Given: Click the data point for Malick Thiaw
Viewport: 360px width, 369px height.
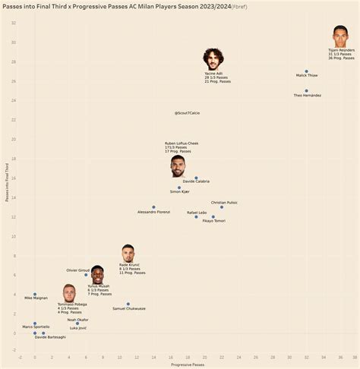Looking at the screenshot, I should (307, 71).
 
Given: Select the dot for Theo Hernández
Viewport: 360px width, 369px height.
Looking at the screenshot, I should (307, 90).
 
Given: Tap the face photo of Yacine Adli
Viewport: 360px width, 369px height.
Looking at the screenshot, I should (213, 59).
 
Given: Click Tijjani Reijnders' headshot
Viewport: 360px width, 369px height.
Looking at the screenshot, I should (340, 37).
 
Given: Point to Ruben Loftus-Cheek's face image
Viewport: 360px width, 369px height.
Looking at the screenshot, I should (178, 166).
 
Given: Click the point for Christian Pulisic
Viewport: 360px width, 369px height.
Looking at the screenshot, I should (222, 207).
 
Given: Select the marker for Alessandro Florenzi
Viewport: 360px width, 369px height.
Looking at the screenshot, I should (153, 207).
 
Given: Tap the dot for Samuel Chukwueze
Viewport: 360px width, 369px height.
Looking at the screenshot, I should (128, 304).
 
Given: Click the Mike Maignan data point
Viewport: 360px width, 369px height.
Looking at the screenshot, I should (35, 294).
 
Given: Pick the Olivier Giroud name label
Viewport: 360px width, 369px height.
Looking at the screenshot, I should (79, 270).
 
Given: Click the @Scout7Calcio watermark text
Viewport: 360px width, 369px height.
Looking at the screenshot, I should (187, 112).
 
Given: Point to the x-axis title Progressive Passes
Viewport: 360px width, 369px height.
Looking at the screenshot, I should (187, 364).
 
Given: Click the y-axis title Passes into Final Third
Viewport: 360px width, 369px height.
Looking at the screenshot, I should (7, 182).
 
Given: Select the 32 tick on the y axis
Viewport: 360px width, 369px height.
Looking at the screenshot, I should (14, 23).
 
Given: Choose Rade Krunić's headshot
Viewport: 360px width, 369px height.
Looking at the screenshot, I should (128, 254).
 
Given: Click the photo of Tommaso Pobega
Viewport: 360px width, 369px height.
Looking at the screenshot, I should (69, 293).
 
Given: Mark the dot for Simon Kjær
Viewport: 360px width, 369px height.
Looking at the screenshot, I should (179, 188).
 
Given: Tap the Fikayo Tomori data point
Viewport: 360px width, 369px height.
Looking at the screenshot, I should (213, 216).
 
